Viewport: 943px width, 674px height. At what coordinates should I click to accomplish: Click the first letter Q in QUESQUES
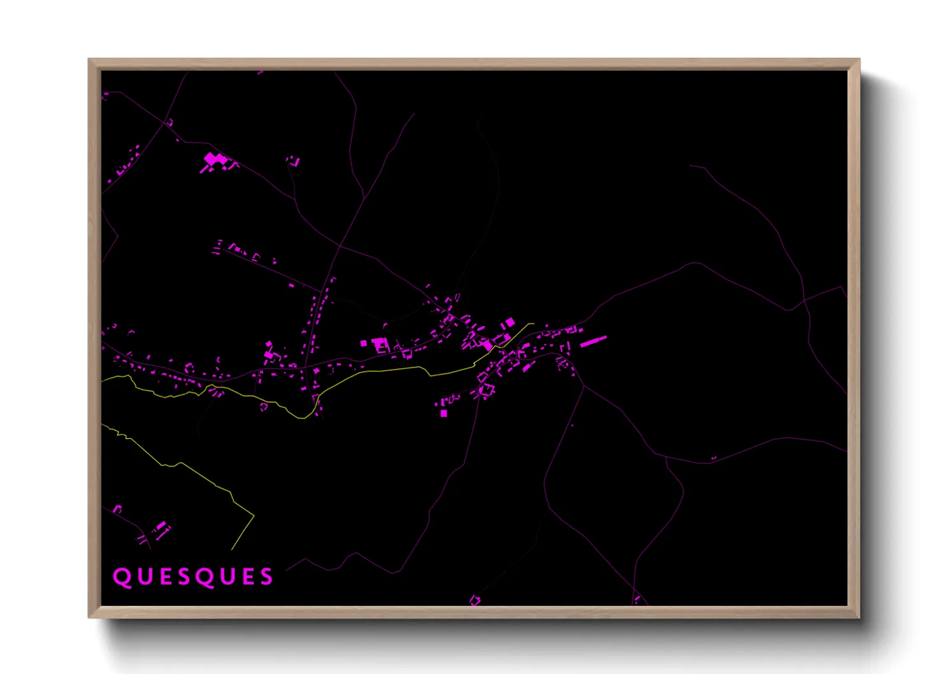[x=121, y=577]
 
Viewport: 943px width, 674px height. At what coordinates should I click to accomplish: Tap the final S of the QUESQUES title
[x=266, y=577]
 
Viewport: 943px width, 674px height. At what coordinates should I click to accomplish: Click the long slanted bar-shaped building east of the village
[x=593, y=341]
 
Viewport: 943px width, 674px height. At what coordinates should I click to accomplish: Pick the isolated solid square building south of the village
[x=444, y=413]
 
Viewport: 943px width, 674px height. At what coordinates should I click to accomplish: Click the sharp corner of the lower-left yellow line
[x=254, y=515]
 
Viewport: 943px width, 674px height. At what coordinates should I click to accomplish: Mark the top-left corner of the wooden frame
[x=89, y=59]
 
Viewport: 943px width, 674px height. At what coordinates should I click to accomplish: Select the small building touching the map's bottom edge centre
[x=475, y=600]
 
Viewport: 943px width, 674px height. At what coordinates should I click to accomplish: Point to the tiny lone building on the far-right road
[x=714, y=458]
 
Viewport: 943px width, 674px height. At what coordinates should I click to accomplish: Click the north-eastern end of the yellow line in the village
[x=533, y=324]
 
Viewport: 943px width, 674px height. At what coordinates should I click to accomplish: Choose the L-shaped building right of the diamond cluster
[x=294, y=161]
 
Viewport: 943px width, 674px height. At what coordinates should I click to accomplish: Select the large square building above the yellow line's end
[x=509, y=324]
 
